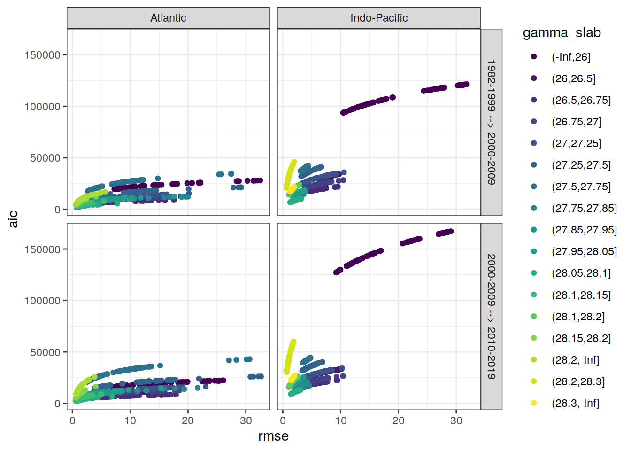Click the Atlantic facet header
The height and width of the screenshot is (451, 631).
point(168,18)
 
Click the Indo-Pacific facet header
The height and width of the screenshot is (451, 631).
point(379,18)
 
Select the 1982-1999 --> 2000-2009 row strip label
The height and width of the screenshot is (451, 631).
point(491,122)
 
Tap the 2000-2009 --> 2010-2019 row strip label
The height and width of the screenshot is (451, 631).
point(491,317)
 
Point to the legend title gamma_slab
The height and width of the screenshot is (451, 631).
point(562,32)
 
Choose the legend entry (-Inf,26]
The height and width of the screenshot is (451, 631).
point(570,57)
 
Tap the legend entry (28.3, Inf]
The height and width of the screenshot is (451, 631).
point(575,403)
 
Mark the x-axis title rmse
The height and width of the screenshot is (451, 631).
point(273,436)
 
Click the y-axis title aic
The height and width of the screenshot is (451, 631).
point(13,219)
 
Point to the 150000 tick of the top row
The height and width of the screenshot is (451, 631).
point(42,55)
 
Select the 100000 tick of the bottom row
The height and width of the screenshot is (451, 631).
point(42,301)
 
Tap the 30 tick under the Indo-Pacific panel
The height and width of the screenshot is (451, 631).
point(456,420)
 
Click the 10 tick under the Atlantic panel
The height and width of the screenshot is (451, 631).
point(130,420)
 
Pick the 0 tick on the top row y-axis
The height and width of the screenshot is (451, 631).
point(57,210)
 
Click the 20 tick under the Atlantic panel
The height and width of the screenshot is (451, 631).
point(188,420)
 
